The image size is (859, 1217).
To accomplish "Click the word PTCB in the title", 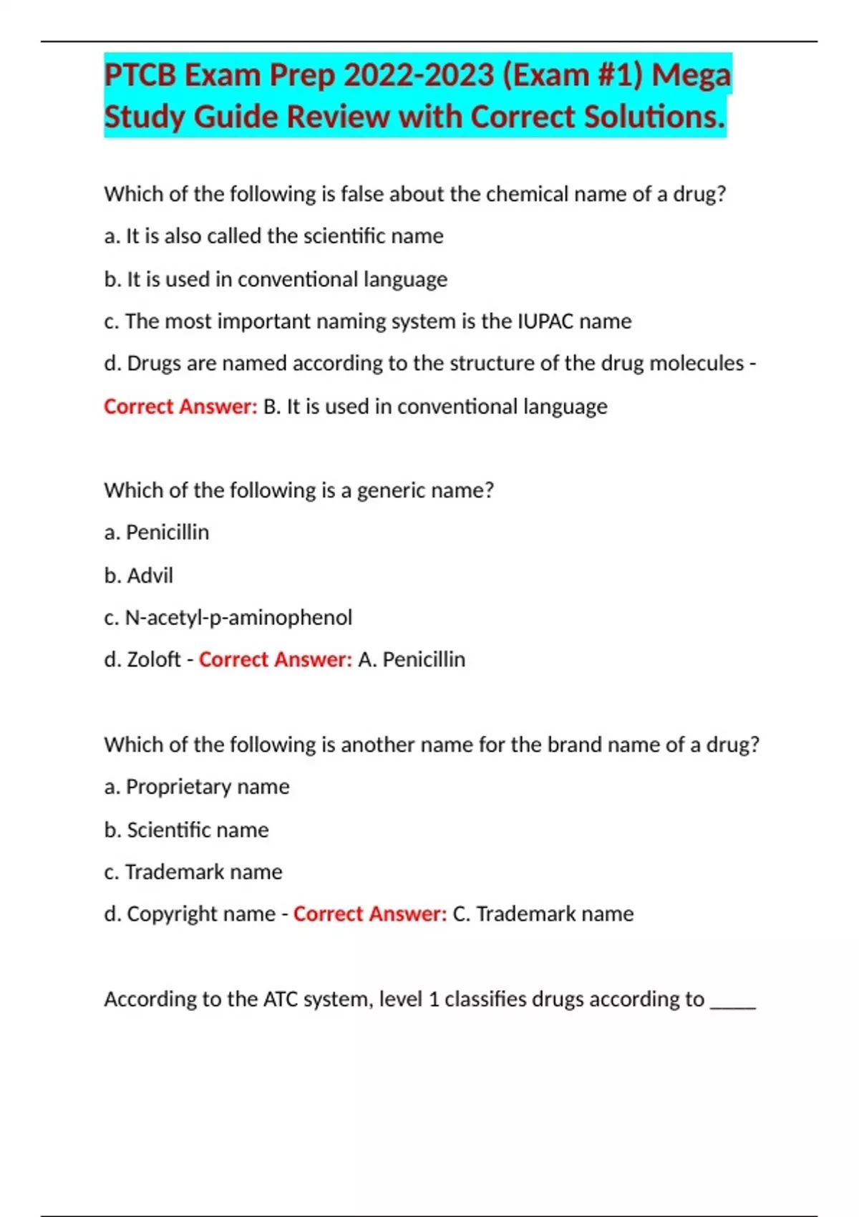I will (x=140, y=75).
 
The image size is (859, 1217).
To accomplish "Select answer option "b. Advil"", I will (x=138, y=576).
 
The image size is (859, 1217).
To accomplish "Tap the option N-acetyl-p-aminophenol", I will (x=238, y=618).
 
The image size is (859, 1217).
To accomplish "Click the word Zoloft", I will (x=153, y=659).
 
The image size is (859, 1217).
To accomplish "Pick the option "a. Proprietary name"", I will (x=197, y=787).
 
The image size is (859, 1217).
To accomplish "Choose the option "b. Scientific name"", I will (x=186, y=830).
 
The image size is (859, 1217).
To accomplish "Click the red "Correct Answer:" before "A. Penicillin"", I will (x=276, y=659).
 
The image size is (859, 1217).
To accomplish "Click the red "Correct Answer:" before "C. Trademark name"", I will (x=370, y=914).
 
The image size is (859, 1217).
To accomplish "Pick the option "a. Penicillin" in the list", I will (x=157, y=533).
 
